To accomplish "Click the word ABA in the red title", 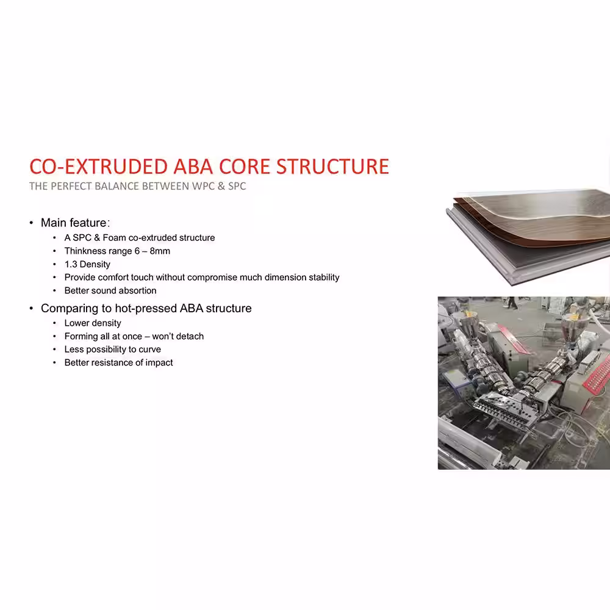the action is [x=193, y=167].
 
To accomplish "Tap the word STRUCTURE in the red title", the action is [x=332, y=167].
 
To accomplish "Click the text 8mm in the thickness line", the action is [x=160, y=251].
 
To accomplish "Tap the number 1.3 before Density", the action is [x=71, y=264].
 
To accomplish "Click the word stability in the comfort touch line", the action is [x=324, y=278].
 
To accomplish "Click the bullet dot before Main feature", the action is [x=31, y=223].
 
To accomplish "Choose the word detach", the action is [x=190, y=336].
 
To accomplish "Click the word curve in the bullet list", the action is [x=150, y=350].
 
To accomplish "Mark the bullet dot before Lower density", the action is [x=54, y=323].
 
